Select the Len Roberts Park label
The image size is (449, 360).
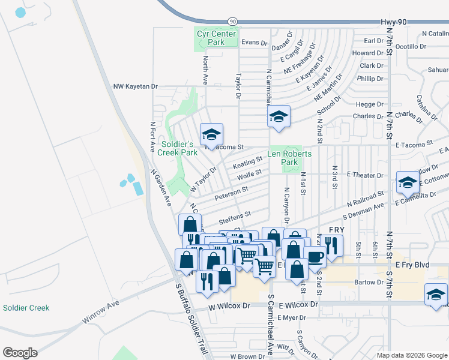289,158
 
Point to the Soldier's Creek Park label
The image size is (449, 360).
178,148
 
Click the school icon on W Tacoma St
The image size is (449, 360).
211,134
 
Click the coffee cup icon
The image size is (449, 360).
315,257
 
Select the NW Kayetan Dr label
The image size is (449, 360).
135,86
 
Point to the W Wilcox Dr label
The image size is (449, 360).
229,305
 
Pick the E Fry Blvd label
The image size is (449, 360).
413,264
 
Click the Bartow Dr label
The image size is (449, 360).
368,282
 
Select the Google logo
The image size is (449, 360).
20,353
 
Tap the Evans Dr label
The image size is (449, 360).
254,42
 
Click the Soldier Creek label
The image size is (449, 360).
26,308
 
